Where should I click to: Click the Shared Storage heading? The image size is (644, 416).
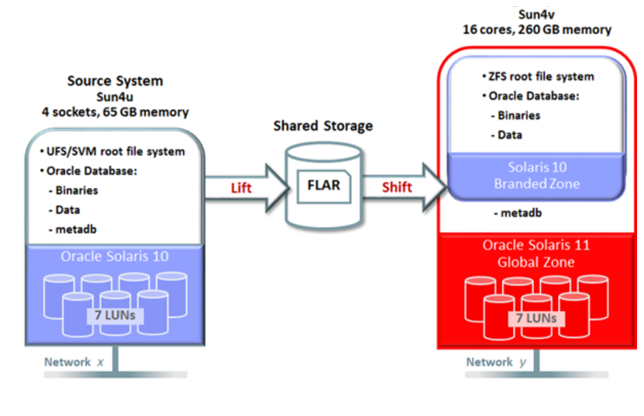click(322, 126)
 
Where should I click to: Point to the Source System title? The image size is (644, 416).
click(114, 81)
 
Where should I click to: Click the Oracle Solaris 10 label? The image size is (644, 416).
click(115, 257)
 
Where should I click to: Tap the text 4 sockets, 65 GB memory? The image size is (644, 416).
click(114, 112)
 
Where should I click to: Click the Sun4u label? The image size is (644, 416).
click(114, 96)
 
